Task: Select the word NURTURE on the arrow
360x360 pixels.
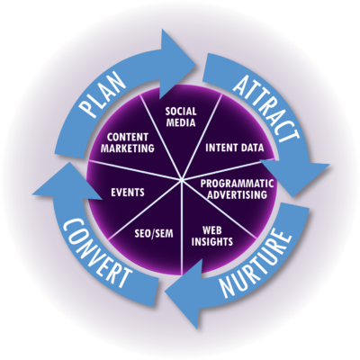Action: click(x=256, y=263)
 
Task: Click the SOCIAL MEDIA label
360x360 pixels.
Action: click(x=181, y=117)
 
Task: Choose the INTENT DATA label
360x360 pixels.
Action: click(x=235, y=148)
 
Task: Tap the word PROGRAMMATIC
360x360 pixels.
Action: click(x=237, y=184)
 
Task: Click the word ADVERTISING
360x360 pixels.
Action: click(x=237, y=194)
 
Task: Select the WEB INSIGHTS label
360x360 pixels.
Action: click(x=212, y=236)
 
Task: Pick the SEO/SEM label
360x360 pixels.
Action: click(x=154, y=234)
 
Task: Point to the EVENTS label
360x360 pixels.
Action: click(x=128, y=193)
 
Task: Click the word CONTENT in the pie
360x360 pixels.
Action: click(x=128, y=137)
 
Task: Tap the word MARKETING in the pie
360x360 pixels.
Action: click(x=128, y=148)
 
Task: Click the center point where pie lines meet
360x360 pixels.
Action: click(x=182, y=180)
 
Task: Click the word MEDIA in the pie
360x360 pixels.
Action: click(x=181, y=122)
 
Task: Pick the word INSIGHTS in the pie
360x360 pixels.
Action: click(x=212, y=241)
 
